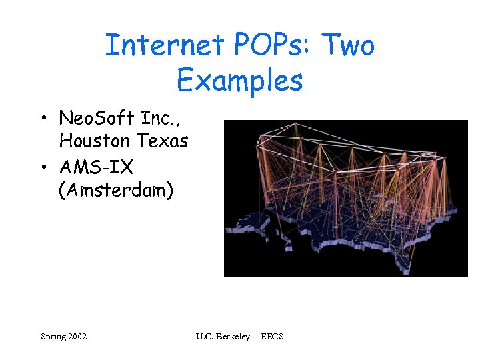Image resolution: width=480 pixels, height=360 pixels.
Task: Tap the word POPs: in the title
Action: [x=272, y=45]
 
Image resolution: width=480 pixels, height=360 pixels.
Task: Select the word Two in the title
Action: [x=349, y=45]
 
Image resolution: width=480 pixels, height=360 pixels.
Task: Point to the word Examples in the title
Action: [x=239, y=81]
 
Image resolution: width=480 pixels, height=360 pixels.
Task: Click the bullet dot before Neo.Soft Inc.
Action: [x=42, y=120]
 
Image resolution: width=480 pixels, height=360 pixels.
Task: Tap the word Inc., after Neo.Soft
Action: [x=158, y=119]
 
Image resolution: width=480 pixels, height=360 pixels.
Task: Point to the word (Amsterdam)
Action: [x=116, y=189]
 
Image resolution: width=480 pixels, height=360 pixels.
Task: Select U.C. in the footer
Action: [x=205, y=337]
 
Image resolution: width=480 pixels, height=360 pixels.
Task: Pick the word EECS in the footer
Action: [x=272, y=337]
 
